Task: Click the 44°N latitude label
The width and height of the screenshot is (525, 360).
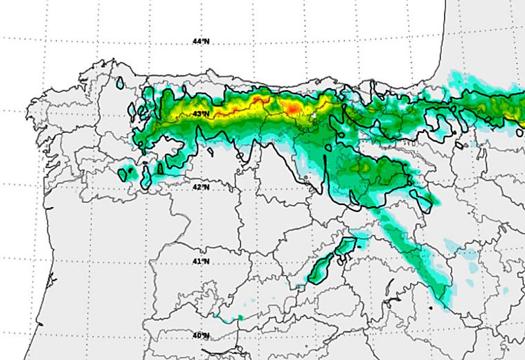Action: pos(201,42)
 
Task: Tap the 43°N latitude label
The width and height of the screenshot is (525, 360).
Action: pos(201,114)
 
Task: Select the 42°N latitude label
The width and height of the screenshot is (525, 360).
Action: pos(200,187)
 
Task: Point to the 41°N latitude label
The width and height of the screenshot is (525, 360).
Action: pos(201,261)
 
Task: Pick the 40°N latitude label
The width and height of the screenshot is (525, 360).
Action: pos(201,335)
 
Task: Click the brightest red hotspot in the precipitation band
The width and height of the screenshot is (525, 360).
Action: pos(294,109)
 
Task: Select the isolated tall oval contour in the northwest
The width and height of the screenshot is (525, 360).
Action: pos(121,82)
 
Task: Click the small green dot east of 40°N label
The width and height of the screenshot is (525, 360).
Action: pos(241,318)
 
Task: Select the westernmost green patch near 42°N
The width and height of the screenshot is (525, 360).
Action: pos(125,172)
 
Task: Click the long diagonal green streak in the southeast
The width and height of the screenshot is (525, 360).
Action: pos(416,256)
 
